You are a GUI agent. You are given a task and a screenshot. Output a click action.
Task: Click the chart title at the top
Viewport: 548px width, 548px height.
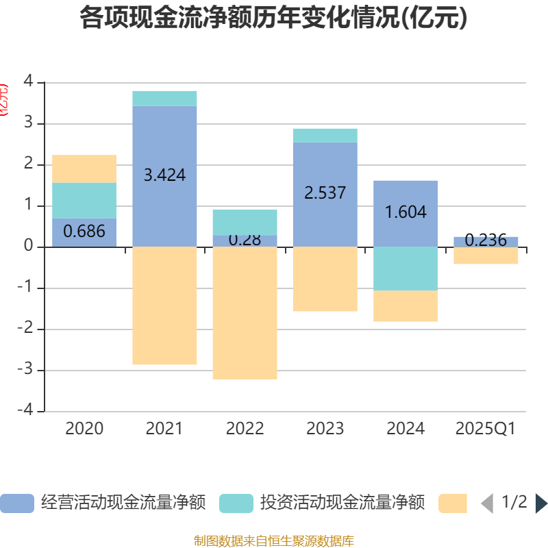(x=274, y=18)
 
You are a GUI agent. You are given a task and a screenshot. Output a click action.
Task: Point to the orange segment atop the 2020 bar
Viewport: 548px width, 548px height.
(x=84, y=169)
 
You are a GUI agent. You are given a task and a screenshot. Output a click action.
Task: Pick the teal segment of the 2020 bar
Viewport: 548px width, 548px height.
(x=84, y=200)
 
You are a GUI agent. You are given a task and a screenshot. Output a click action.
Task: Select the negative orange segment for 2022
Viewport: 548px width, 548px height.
(x=245, y=312)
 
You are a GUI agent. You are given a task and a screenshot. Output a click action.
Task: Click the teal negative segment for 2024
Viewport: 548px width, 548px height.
(x=406, y=269)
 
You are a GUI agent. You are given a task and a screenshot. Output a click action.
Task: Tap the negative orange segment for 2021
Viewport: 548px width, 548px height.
(x=164, y=306)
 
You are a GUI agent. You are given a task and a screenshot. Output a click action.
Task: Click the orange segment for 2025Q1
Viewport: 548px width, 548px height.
(x=486, y=256)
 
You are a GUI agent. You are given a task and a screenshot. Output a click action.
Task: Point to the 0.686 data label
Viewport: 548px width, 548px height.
(x=84, y=232)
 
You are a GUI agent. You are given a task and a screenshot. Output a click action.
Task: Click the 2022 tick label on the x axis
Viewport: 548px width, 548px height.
(x=245, y=429)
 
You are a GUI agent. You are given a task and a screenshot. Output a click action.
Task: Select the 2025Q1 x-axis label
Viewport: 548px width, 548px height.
(x=486, y=429)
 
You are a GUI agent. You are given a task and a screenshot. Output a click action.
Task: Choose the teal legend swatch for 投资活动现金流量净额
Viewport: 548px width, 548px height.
(x=236, y=503)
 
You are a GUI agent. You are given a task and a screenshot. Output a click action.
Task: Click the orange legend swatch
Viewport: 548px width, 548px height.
(x=453, y=503)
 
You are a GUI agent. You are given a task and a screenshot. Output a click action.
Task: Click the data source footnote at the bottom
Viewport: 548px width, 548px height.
(x=274, y=541)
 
